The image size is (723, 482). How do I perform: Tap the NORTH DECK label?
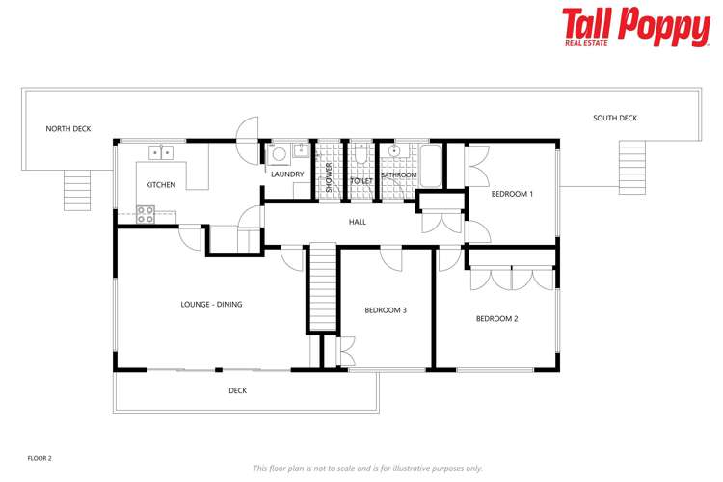tap(68, 128)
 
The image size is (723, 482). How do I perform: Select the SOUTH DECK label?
tap(615, 119)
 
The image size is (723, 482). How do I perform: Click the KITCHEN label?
tap(161, 185)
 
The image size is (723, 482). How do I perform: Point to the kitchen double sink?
tap(160, 152)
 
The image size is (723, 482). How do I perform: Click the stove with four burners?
tap(146, 214)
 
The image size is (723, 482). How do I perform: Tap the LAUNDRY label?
tap(287, 174)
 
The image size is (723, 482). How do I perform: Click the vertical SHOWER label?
tap(329, 177)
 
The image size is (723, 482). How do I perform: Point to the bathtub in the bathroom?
tap(430, 166)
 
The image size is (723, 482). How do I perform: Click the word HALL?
tap(358, 223)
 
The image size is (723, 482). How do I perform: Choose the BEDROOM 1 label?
tap(512, 194)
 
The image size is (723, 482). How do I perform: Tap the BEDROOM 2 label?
tap(497, 318)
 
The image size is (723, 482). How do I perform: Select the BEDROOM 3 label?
tap(386, 310)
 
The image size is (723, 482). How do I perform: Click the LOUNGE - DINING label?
tap(211, 305)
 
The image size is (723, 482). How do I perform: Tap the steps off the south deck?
tap(630, 154)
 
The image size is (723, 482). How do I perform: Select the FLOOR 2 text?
tap(40, 458)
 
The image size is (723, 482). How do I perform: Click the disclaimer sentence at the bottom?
tap(367, 469)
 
